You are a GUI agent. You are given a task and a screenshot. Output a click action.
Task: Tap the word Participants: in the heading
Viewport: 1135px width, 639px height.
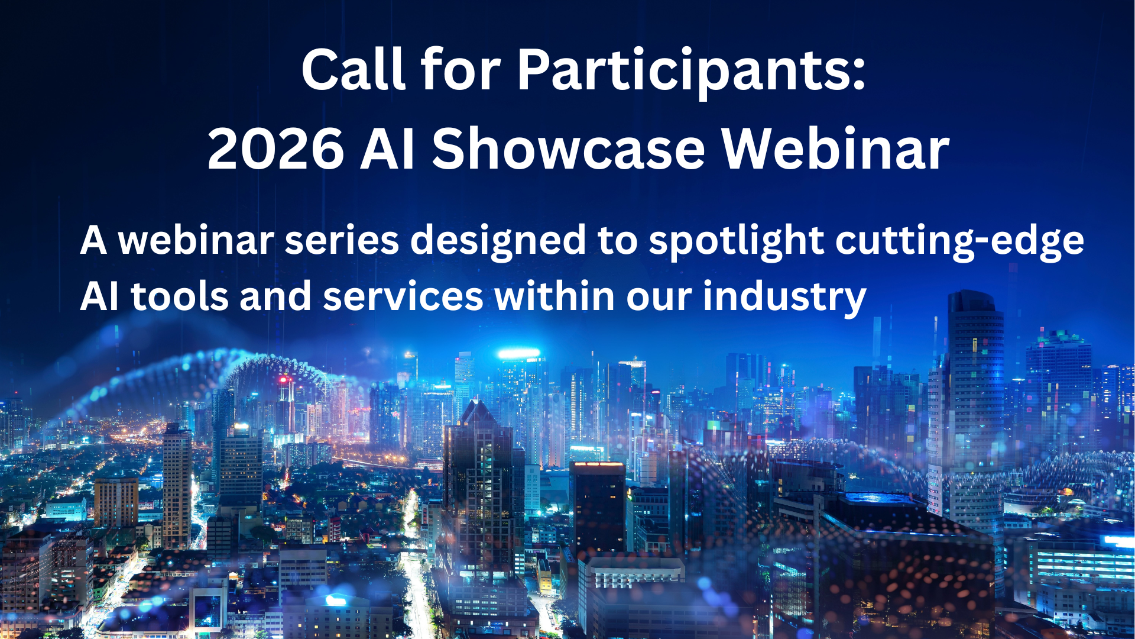[x=692, y=71]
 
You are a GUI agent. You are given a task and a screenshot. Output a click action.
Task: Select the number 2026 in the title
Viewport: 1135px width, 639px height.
[x=275, y=149]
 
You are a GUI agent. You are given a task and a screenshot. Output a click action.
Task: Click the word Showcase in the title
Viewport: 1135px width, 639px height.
[x=569, y=149]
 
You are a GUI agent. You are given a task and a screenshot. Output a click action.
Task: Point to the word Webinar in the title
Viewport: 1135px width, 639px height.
[x=835, y=149]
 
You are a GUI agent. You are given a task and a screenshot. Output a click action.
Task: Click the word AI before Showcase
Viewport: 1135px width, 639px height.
[x=387, y=149]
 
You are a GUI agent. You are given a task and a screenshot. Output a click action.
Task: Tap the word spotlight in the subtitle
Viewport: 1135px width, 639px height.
[x=736, y=241]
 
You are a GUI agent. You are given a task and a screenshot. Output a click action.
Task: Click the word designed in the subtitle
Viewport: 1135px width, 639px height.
[x=498, y=241]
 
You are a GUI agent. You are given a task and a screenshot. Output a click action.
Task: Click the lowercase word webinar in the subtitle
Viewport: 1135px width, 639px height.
[x=196, y=241]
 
